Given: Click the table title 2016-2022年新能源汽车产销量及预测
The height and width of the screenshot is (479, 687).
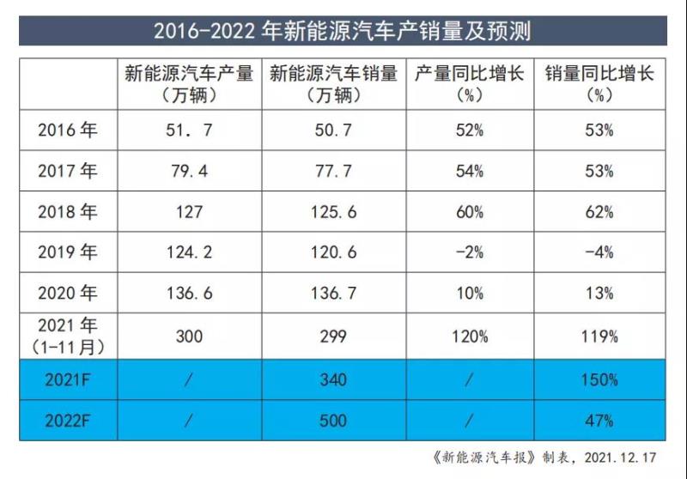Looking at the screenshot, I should point(343,32).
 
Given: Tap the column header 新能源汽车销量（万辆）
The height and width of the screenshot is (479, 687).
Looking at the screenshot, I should point(332,84).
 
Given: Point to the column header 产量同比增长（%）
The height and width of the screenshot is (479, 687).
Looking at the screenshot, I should point(469,84).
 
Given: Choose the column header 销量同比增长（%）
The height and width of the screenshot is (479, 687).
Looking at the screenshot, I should point(599,84).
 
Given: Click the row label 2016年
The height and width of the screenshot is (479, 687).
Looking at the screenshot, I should point(68,130).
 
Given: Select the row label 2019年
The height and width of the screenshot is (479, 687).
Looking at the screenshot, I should point(68,252).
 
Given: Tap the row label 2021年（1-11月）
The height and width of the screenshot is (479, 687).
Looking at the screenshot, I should point(68,336).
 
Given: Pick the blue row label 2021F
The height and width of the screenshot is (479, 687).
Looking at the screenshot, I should point(68,379).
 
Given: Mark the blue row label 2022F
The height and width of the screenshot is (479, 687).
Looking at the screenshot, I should point(68,421).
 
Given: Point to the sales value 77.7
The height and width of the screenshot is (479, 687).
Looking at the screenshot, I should point(332,172).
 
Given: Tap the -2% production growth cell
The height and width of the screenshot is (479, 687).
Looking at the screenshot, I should point(469,252).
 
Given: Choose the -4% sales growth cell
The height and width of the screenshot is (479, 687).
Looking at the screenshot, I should point(599,252).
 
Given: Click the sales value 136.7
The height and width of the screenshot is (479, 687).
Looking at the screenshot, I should point(332,294).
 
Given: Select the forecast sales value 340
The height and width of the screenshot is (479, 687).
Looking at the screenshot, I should point(332,379).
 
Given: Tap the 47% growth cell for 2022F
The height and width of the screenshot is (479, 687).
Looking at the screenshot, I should point(599,421).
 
